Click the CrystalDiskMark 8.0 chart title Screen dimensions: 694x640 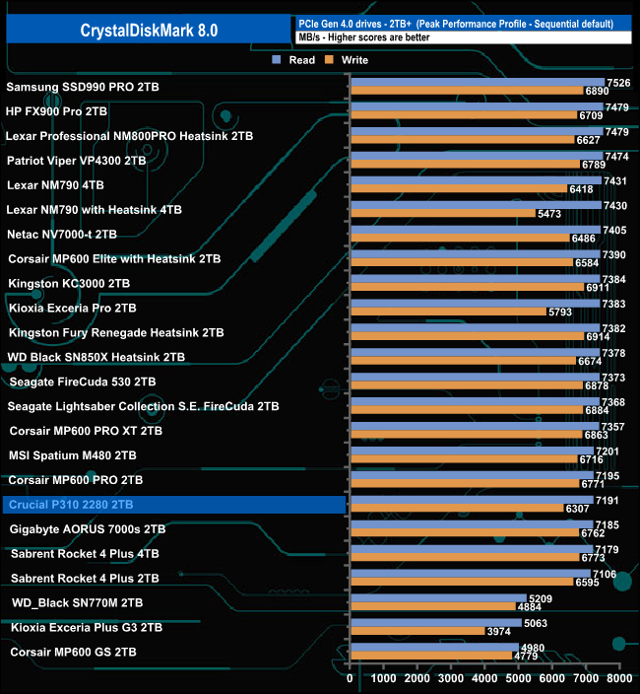click(149, 31)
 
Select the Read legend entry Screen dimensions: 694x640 click(294, 60)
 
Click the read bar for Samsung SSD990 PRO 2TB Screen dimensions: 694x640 click(477, 83)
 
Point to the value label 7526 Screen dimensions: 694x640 click(617, 83)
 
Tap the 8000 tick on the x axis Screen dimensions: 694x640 click(617, 679)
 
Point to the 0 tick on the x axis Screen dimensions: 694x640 click(351, 679)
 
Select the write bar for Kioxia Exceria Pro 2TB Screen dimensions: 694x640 click(447, 312)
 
